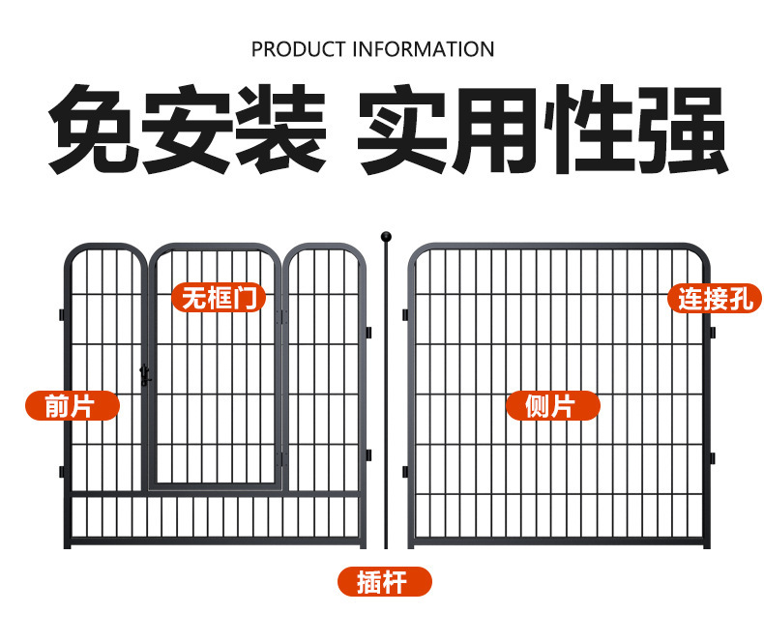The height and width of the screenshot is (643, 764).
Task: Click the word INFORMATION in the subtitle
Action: [425, 48]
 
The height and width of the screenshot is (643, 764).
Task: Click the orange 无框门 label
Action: [220, 298]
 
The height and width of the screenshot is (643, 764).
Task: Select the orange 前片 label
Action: [72, 406]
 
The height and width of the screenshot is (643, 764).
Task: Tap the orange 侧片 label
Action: [552, 406]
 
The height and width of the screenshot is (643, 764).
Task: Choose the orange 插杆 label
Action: [384, 582]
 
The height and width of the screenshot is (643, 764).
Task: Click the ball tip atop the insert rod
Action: [385, 236]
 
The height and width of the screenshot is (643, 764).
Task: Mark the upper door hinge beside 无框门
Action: [282, 316]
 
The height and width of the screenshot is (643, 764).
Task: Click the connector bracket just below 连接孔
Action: [712, 333]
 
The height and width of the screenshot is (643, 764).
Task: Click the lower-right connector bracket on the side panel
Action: [712, 456]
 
